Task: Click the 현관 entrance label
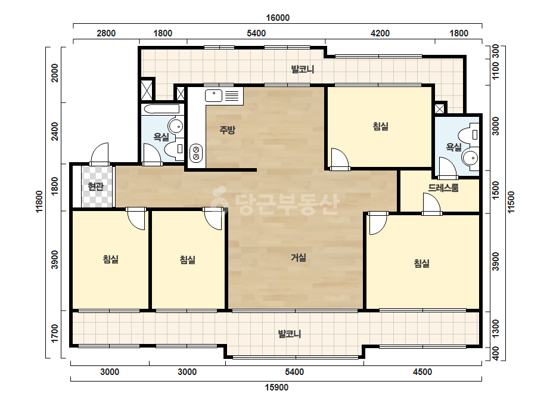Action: pos(96,187)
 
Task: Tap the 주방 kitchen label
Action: pos(227,130)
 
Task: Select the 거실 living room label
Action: pos(299,258)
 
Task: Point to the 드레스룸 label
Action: pos(443,188)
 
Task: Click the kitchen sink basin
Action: pos(213,95)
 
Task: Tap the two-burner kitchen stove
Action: pos(196,153)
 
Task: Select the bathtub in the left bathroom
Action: pos(161,109)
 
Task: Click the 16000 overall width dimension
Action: pos(278,18)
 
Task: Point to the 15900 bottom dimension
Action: pos(276,387)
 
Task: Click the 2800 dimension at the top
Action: pos(106,33)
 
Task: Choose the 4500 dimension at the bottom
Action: pos(422,372)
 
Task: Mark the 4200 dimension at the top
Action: pos(380,33)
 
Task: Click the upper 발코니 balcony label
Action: pos(302,69)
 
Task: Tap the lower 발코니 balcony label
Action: pos(290,333)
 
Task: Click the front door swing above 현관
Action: pos(100,154)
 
